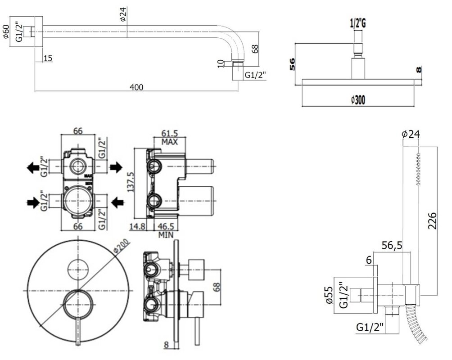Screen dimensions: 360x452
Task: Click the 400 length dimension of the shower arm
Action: tap(138, 87)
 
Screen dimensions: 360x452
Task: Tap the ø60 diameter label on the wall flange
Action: tap(6, 31)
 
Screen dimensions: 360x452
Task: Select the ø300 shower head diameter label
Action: tap(357, 100)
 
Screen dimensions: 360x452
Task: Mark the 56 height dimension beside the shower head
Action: tap(292, 64)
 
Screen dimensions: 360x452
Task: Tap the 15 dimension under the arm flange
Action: tap(48, 58)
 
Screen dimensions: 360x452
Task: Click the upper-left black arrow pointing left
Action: tap(32, 168)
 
